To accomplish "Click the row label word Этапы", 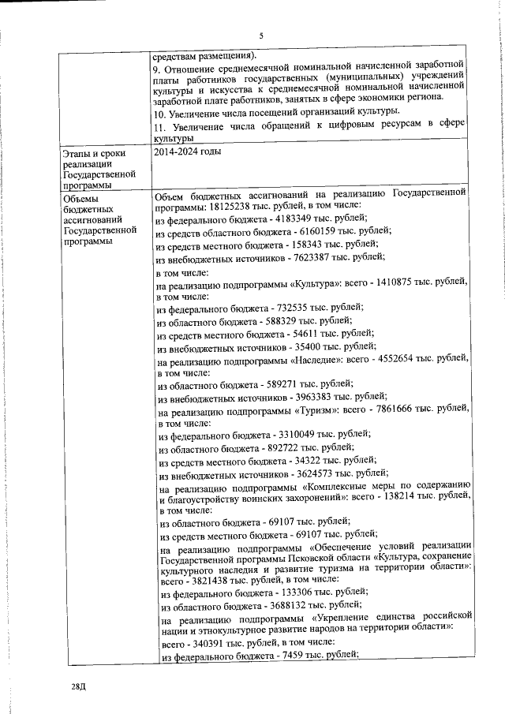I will [78, 153].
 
